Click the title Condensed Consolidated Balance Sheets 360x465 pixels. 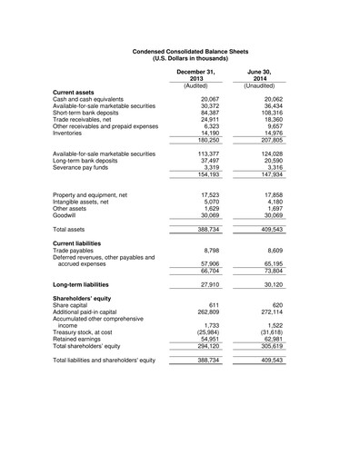point(180,54)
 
